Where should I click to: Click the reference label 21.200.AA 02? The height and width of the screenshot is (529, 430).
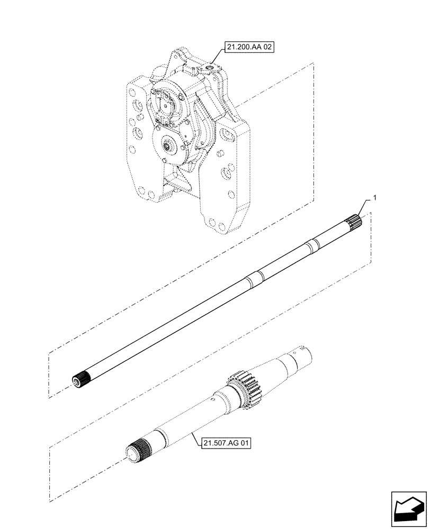pos(249,47)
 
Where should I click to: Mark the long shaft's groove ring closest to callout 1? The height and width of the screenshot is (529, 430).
pos(313,243)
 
